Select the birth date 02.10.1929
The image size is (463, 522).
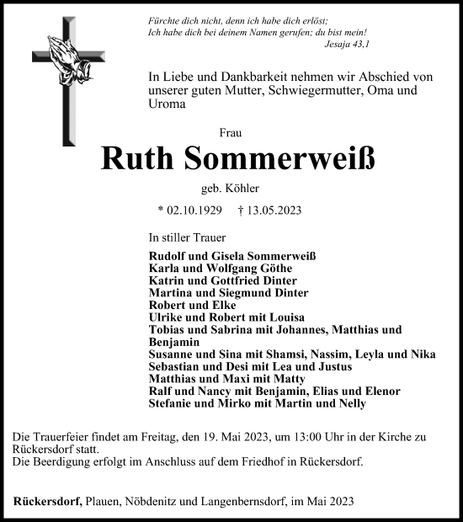(197, 211)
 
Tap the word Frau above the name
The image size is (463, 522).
(228, 132)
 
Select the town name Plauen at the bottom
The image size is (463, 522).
(108, 502)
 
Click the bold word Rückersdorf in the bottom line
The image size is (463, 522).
(46, 502)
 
